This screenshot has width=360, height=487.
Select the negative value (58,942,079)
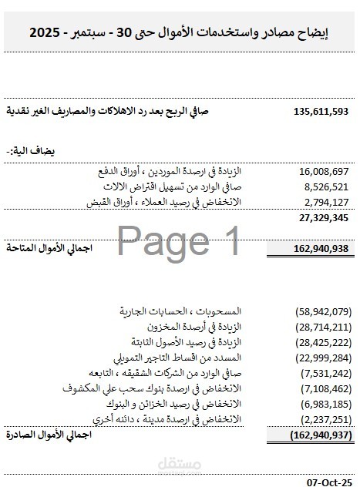pyautogui.click(x=324, y=311)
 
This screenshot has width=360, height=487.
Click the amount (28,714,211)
pyautogui.click(x=324, y=327)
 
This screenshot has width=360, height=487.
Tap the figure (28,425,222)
pyautogui.click(x=324, y=342)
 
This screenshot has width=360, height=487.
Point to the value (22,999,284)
pyautogui.click(x=324, y=358)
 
